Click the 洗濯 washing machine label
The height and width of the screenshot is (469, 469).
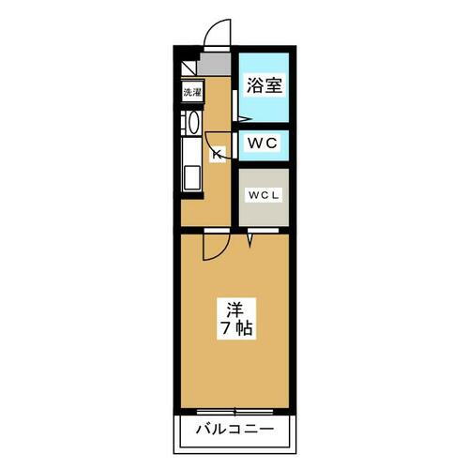(x=191, y=93)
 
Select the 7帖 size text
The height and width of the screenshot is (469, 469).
(x=234, y=329)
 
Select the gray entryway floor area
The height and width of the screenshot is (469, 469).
(x=217, y=64)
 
